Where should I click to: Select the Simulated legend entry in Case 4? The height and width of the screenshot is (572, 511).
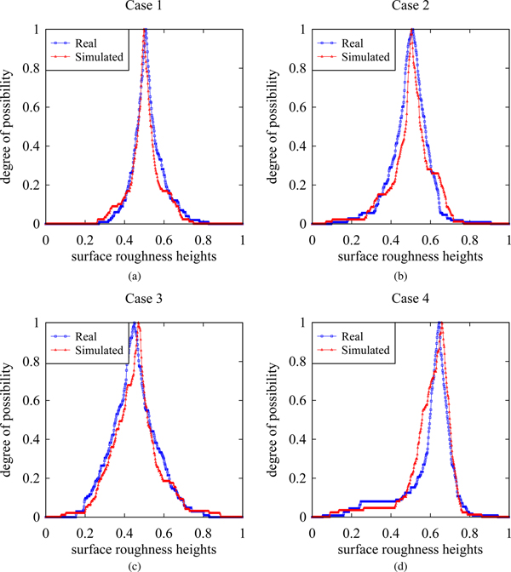pyautogui.click(x=369, y=350)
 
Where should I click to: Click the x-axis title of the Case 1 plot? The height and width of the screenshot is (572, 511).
pyautogui.click(x=144, y=255)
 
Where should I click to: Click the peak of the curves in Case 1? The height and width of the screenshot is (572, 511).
pyautogui.click(x=145, y=31)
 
